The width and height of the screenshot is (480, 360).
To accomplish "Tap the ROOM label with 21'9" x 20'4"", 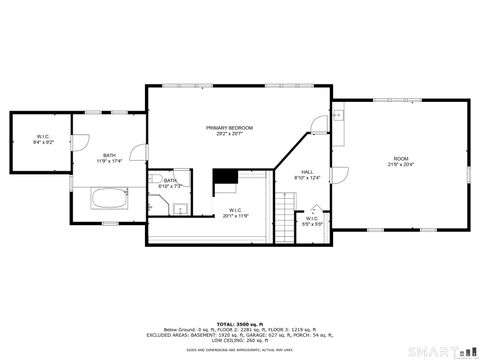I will (401, 161).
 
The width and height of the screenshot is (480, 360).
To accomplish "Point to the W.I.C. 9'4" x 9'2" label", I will (44, 139).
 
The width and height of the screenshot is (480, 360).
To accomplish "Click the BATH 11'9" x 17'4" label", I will (108, 158).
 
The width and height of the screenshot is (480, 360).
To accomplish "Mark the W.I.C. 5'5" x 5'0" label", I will (312, 220).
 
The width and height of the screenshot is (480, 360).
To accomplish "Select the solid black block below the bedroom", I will (225, 178).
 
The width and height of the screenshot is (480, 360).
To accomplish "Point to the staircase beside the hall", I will (287, 212).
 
